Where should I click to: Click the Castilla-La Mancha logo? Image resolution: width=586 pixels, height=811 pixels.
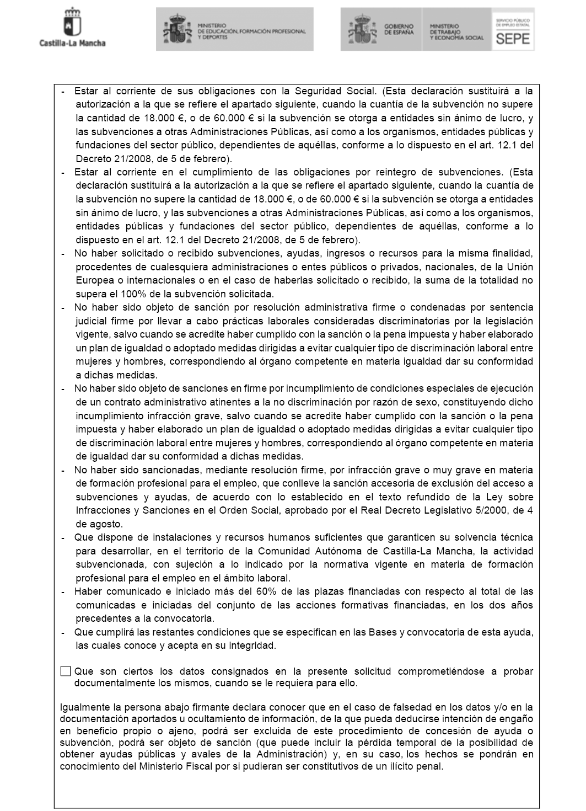pyautogui.click(x=72, y=28)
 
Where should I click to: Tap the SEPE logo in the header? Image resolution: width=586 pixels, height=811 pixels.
pyautogui.click(x=513, y=29)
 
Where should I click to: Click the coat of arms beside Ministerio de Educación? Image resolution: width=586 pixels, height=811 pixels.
pyautogui.click(x=176, y=29)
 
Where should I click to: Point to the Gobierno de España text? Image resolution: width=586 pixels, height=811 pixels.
pyautogui.click(x=399, y=29)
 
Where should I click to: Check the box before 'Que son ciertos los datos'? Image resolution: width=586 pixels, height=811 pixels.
pyautogui.click(x=66, y=671)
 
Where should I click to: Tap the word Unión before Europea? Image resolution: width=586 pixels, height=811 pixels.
pyautogui.click(x=519, y=267)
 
